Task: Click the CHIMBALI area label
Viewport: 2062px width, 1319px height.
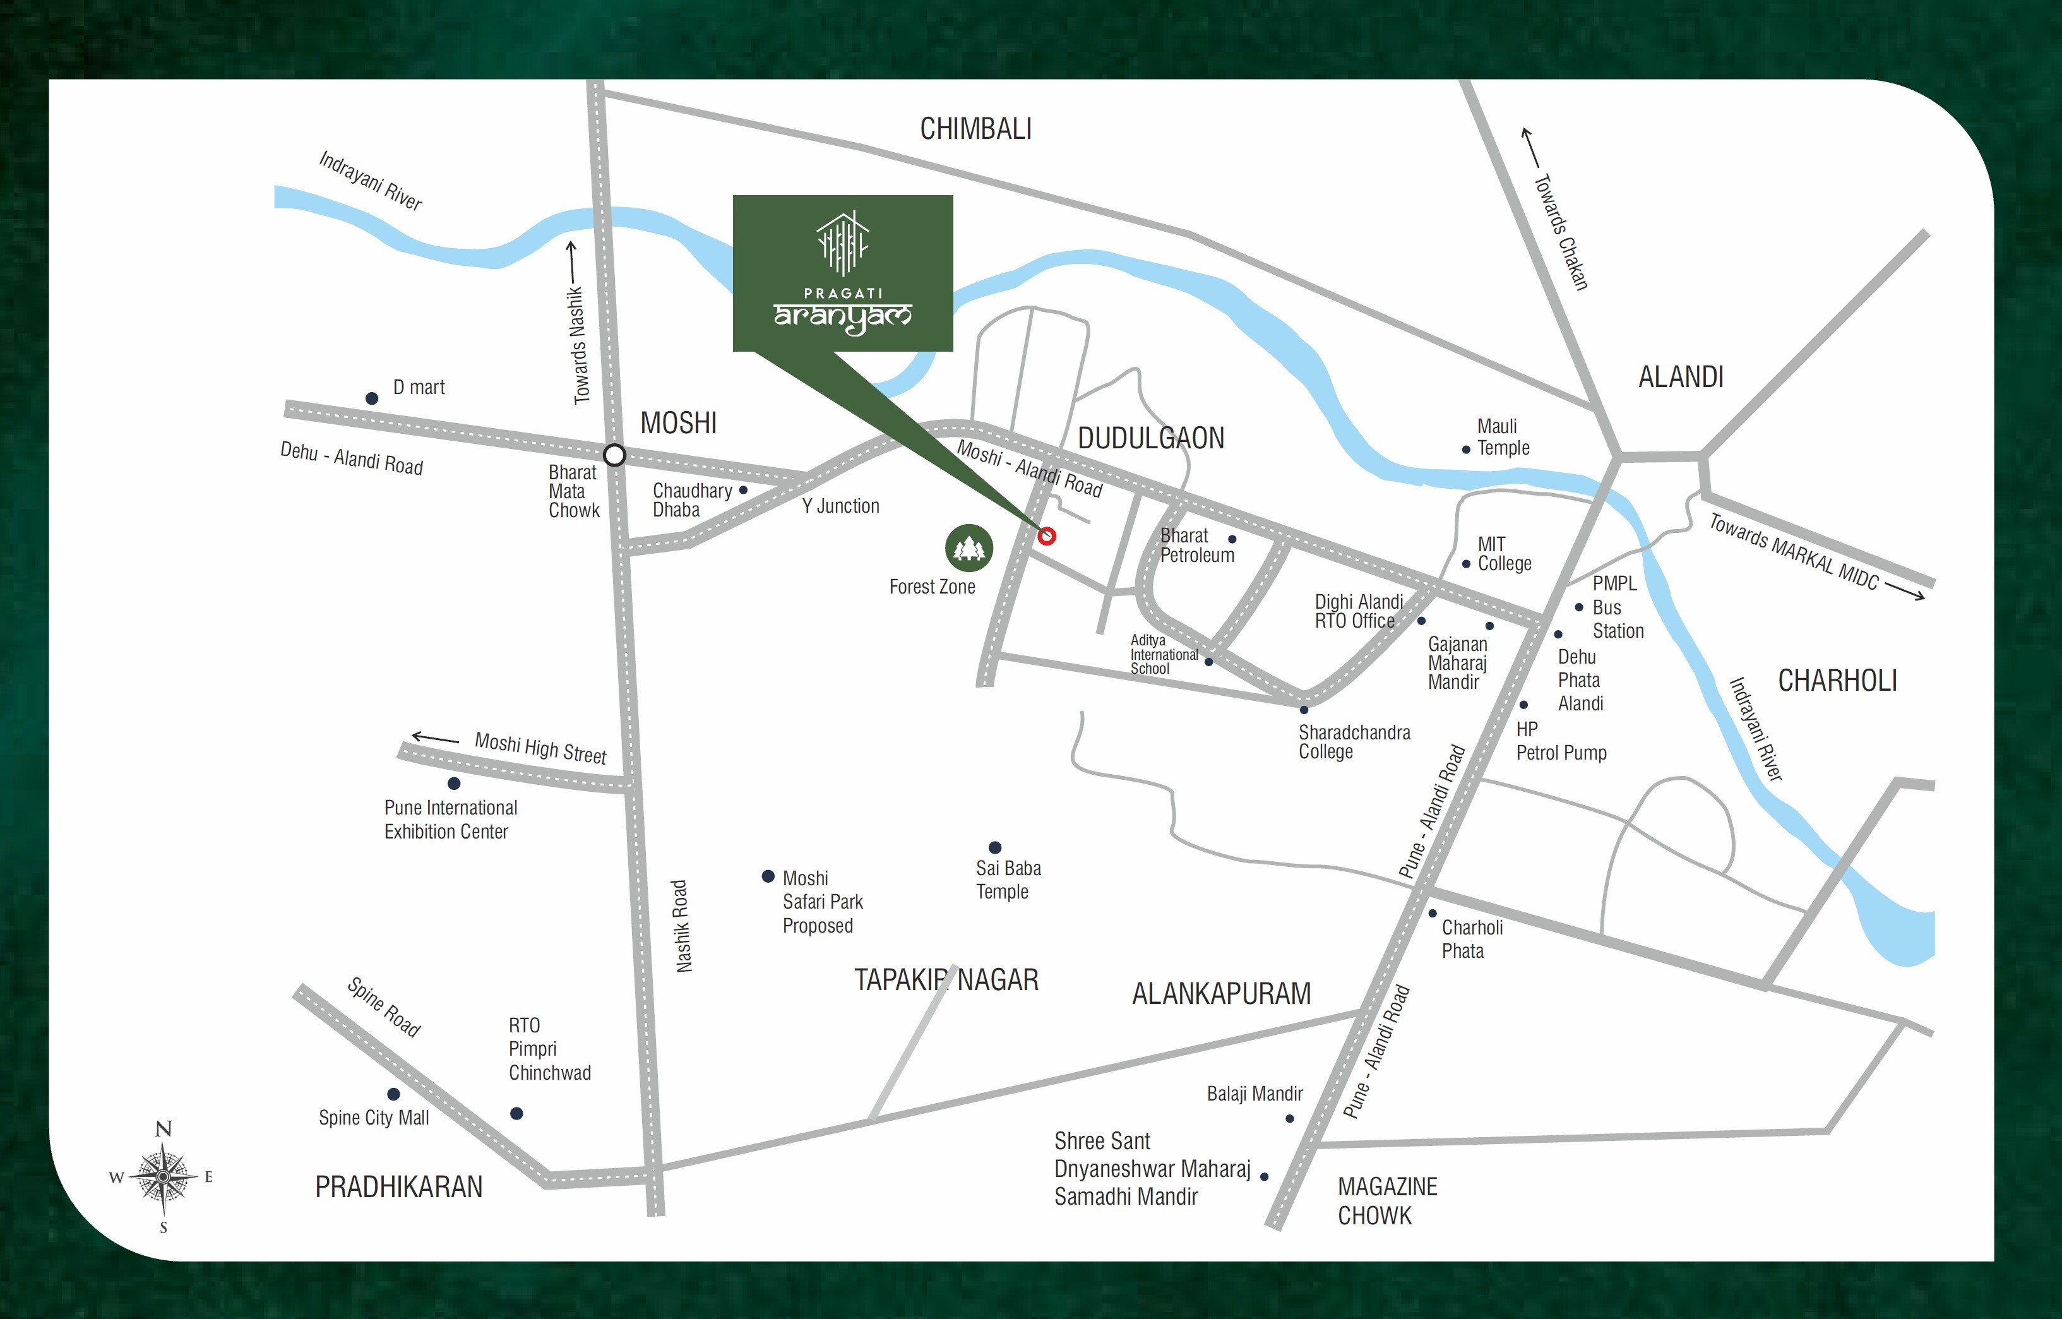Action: click(975, 129)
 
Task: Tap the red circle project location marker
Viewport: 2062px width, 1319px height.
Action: click(1046, 536)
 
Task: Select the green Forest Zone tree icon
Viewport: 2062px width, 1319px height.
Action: click(968, 548)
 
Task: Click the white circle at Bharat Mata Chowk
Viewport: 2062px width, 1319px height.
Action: click(614, 455)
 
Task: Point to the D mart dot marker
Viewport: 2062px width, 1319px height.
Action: click(372, 398)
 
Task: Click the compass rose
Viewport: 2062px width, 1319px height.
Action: click(163, 1177)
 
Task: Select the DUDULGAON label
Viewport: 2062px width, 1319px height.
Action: click(1150, 439)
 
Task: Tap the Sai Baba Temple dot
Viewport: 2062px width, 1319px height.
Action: click(995, 847)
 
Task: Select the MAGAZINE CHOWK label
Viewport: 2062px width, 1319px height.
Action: click(1386, 1201)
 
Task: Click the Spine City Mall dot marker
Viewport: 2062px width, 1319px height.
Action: click(393, 1094)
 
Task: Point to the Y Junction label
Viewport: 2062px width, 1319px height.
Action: click(840, 506)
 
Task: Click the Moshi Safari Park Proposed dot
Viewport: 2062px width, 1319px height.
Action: click(768, 876)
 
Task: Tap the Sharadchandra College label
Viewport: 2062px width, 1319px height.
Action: click(1353, 742)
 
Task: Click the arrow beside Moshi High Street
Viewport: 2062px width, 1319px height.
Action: click(435, 737)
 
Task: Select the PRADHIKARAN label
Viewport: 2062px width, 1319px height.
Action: click(398, 1187)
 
